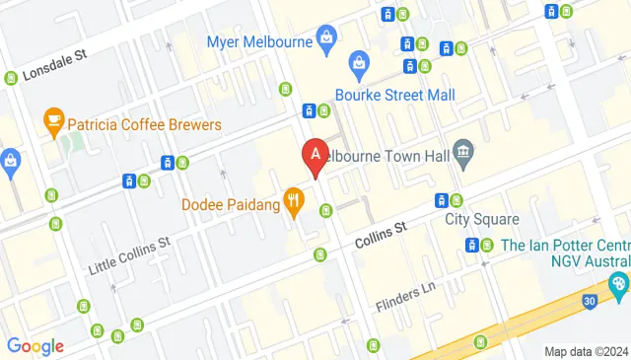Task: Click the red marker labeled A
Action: click(x=314, y=156)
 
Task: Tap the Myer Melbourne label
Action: click(x=258, y=41)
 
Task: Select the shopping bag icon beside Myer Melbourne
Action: click(x=326, y=40)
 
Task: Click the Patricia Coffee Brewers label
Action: click(x=144, y=125)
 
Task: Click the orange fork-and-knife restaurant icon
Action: click(x=293, y=203)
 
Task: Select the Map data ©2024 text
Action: click(x=586, y=351)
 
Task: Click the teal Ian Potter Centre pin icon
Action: click(x=617, y=284)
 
